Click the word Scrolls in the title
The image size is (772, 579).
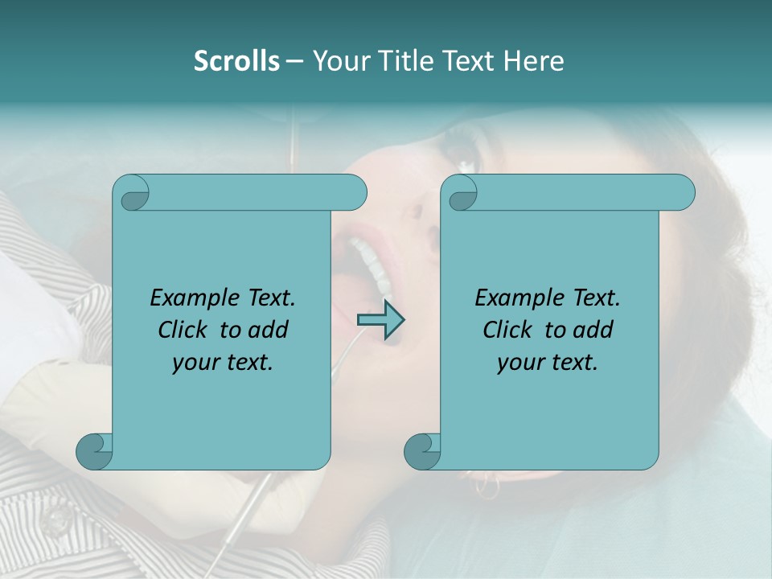(x=237, y=61)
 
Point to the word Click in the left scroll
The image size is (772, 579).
(x=185, y=330)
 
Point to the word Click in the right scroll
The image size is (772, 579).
(x=510, y=330)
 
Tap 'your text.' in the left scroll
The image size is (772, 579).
(x=223, y=362)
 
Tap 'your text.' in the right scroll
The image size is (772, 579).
(x=548, y=362)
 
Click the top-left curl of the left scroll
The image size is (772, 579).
(x=132, y=193)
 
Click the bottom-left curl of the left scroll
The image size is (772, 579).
(x=95, y=451)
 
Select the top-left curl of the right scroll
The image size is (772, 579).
(x=460, y=193)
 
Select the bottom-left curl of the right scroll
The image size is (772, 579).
(x=422, y=451)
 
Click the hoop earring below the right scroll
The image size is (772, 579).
(x=487, y=484)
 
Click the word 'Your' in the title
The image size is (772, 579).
(x=340, y=61)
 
